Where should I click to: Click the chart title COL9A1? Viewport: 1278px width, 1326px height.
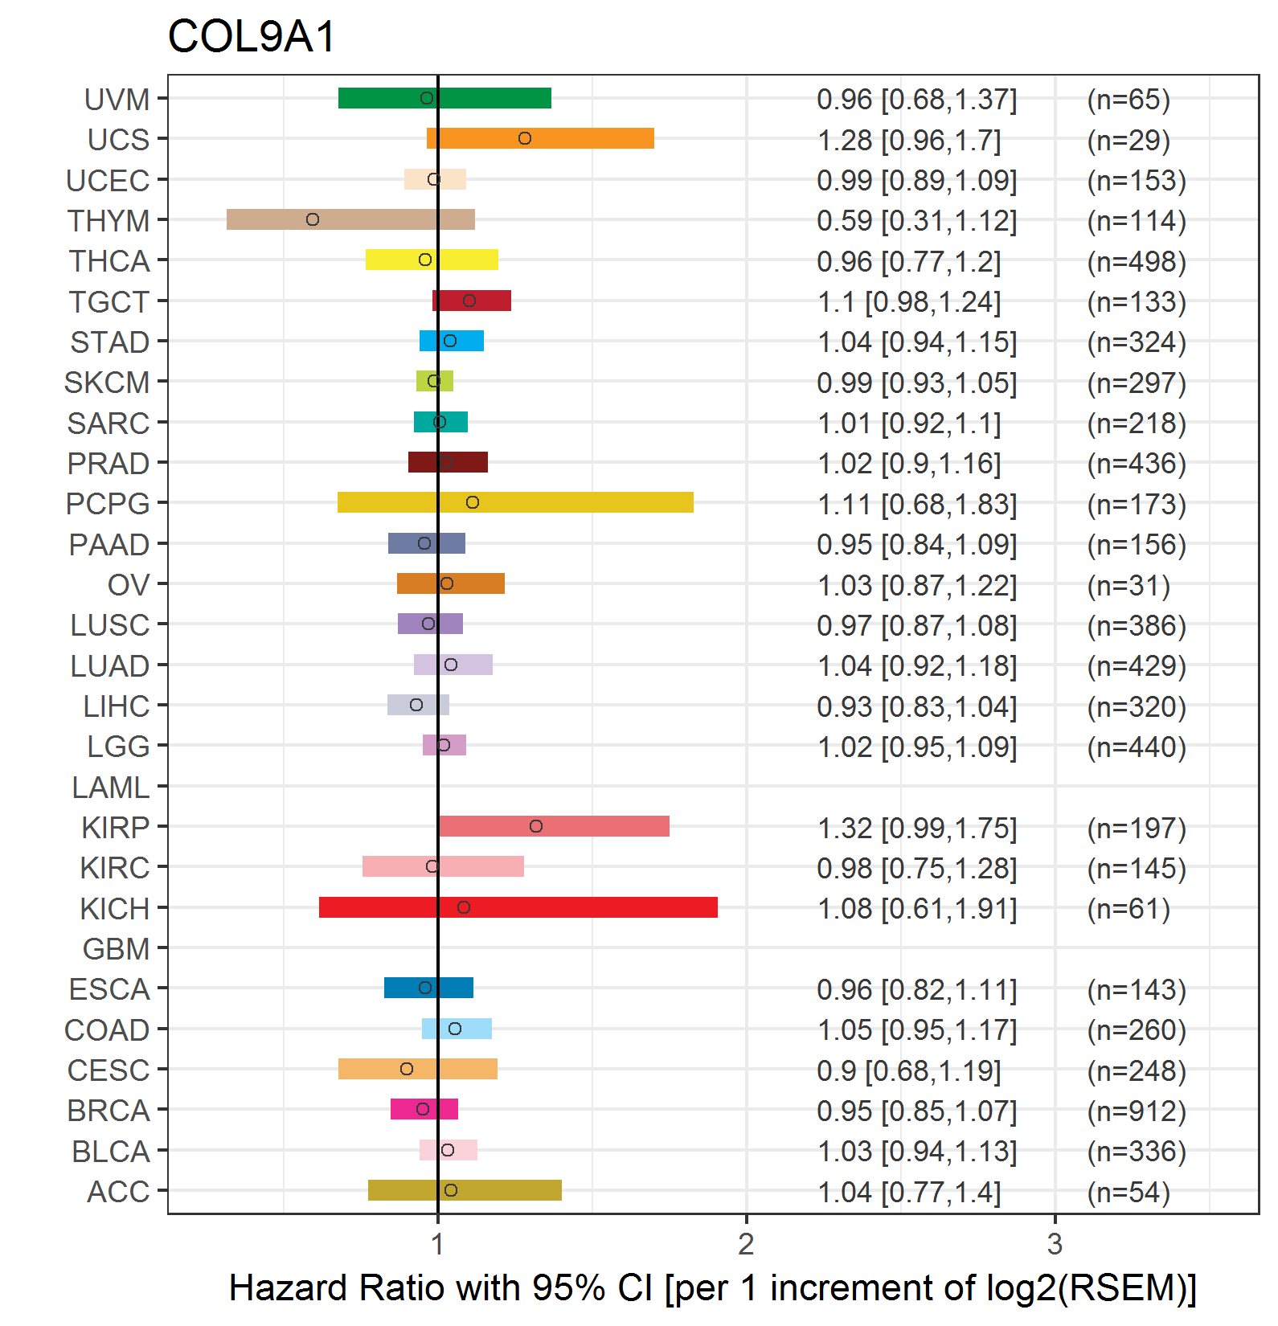251,37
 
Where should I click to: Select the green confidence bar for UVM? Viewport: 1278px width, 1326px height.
444,98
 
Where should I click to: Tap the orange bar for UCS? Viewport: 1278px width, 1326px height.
540,138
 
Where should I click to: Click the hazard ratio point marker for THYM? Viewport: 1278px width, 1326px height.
313,219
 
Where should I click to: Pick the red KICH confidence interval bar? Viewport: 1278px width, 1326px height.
518,907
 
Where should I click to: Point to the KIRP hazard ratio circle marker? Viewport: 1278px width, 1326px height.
536,826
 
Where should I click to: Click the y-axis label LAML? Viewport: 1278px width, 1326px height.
110,788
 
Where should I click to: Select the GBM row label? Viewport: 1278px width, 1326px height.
116,949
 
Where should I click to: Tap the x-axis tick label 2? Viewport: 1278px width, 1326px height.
746,1244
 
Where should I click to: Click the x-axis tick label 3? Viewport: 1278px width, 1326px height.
1055,1244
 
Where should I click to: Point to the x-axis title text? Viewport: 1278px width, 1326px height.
713,1287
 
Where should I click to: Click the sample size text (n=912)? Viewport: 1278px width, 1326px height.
1137,1111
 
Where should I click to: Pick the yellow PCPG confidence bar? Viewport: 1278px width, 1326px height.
515,502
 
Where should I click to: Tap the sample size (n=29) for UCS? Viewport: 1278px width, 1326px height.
1128,140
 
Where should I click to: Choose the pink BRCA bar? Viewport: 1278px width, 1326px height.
424,1109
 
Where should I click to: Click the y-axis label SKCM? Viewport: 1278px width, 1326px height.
107,383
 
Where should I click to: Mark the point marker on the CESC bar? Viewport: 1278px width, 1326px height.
407,1069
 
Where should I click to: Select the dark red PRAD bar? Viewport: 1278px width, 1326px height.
448,462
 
